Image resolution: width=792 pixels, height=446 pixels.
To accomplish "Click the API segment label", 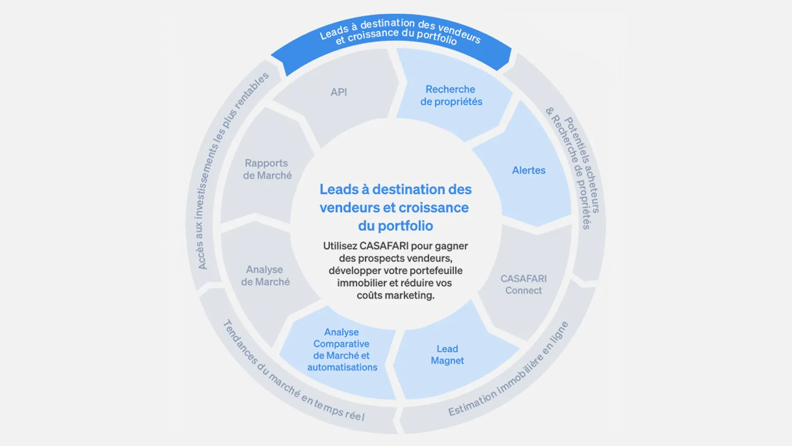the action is point(339,92).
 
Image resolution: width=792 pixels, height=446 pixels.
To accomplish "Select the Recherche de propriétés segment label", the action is point(451,95).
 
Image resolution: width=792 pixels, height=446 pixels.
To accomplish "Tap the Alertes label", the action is point(529,170).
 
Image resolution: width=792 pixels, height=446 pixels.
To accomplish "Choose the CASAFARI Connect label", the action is point(523,284).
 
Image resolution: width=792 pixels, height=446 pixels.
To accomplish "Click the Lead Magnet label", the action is point(447,355).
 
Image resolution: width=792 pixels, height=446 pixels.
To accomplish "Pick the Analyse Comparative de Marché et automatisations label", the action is point(342,349).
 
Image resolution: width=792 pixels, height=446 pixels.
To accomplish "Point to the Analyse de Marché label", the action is point(265,276).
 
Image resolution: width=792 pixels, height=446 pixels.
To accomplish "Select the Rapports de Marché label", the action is point(267,169).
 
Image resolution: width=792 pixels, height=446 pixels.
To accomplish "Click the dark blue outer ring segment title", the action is point(400,32).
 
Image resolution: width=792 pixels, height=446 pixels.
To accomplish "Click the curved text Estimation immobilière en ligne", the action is point(509,370).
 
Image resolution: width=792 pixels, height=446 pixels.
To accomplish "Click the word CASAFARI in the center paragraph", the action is point(384,246).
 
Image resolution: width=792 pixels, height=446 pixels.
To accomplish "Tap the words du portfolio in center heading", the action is point(395,226).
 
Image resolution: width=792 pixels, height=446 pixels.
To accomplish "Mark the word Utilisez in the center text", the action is point(340,246).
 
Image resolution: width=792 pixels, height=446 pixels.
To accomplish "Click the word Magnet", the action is point(447,361).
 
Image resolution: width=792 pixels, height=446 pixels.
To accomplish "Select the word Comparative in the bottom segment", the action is point(341,344).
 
